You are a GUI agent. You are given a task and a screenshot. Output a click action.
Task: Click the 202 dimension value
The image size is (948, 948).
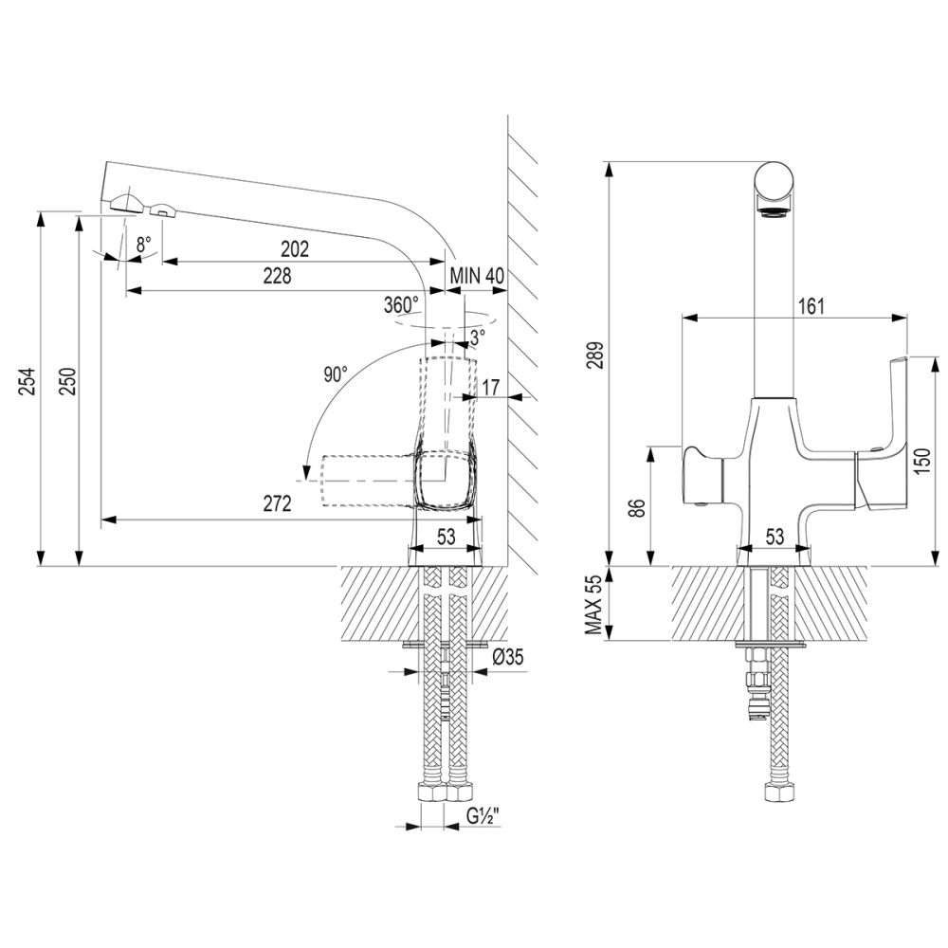click(295, 249)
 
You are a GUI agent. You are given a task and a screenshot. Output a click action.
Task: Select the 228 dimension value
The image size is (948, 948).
click(276, 276)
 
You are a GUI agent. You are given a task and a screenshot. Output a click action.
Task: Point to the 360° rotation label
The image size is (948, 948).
click(401, 305)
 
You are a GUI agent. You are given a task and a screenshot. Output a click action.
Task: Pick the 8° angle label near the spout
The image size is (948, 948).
click(143, 244)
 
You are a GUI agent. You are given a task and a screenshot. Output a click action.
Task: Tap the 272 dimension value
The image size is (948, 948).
click(276, 504)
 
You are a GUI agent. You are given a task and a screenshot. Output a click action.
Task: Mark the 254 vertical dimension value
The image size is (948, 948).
click(28, 381)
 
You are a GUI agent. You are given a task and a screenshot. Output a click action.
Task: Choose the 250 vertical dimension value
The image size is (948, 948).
click(65, 381)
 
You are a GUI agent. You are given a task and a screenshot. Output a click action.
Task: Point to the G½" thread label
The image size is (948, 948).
click(484, 814)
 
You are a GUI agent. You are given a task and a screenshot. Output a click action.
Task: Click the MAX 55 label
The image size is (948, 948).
click(593, 605)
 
